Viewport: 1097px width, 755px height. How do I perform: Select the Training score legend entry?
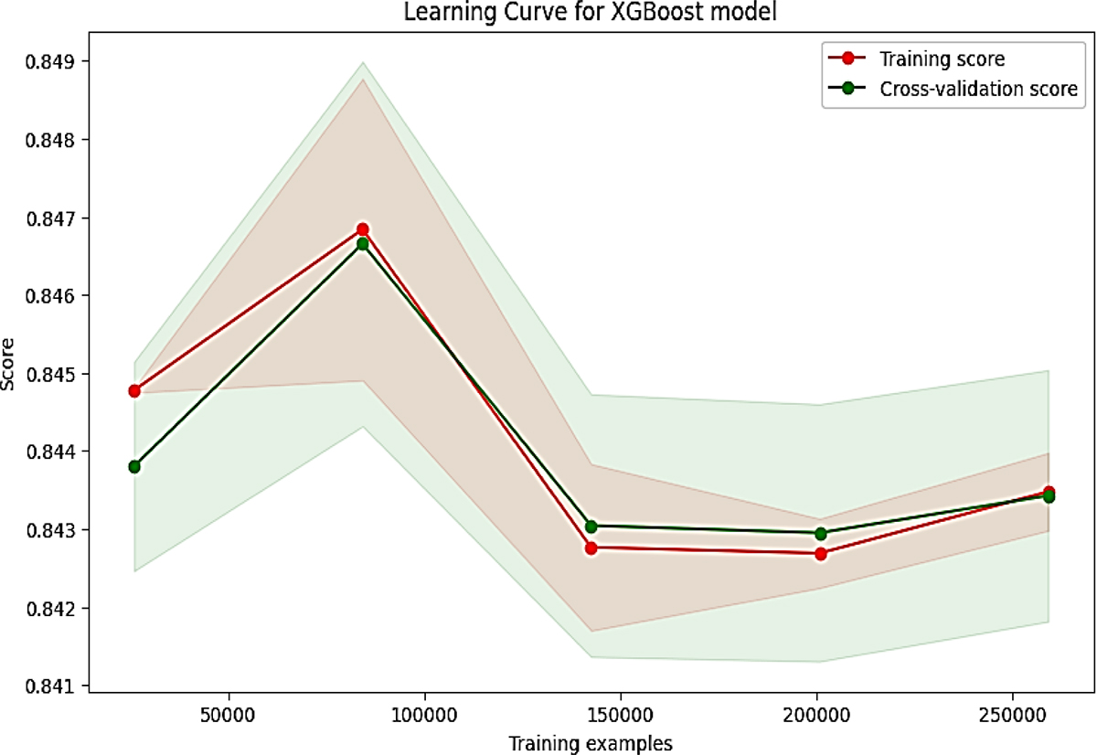tap(930, 60)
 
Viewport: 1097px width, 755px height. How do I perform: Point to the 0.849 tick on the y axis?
tap(58, 62)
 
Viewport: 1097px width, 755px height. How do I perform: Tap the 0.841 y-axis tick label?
tap(58, 686)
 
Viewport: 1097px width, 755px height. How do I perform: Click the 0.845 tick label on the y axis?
tap(58, 374)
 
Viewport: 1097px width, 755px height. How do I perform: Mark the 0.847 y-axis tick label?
tap(58, 218)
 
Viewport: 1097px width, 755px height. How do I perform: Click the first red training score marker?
tap(134, 390)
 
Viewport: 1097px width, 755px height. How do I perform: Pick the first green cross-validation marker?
tap(134, 466)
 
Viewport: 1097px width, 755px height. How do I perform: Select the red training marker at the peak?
tap(363, 229)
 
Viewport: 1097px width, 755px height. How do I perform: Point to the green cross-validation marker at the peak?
tap(363, 244)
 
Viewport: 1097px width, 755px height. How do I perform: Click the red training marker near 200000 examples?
tap(820, 554)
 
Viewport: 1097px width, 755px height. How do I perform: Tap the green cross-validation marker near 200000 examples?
tap(820, 533)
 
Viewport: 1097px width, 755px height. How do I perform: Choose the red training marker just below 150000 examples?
tap(591, 548)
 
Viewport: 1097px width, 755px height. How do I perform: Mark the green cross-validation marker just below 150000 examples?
tap(591, 526)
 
